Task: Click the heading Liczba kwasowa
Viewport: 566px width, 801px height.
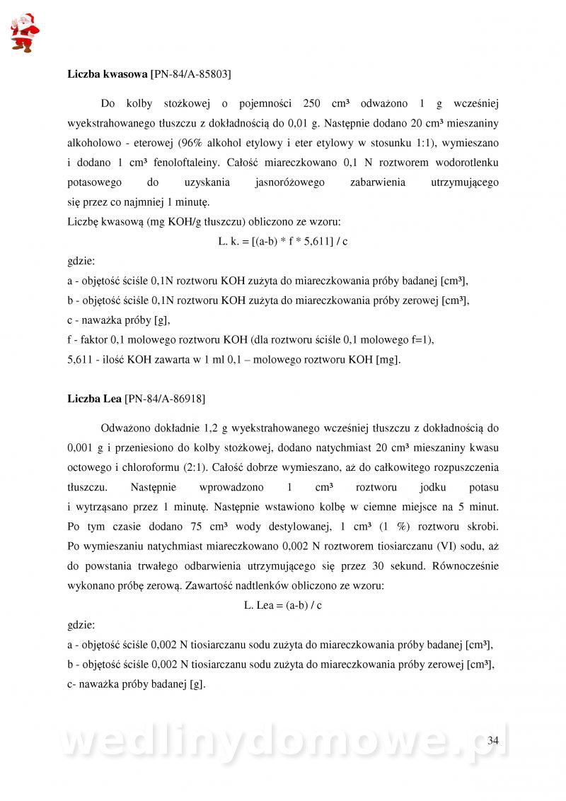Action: tap(108, 73)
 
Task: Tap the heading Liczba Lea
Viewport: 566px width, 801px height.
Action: tap(95, 399)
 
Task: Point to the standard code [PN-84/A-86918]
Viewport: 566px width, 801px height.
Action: tap(165, 399)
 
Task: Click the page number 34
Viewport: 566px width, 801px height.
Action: tap(493, 740)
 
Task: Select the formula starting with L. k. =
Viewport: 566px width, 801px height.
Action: tap(283, 241)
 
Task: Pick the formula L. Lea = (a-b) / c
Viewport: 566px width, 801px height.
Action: tap(283, 605)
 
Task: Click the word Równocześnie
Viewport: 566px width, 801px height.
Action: tap(463, 566)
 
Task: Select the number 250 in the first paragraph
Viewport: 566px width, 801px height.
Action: tap(313, 103)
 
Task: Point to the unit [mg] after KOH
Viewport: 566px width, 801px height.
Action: tap(387, 359)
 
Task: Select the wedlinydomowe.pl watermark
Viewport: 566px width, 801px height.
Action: tap(283, 741)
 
